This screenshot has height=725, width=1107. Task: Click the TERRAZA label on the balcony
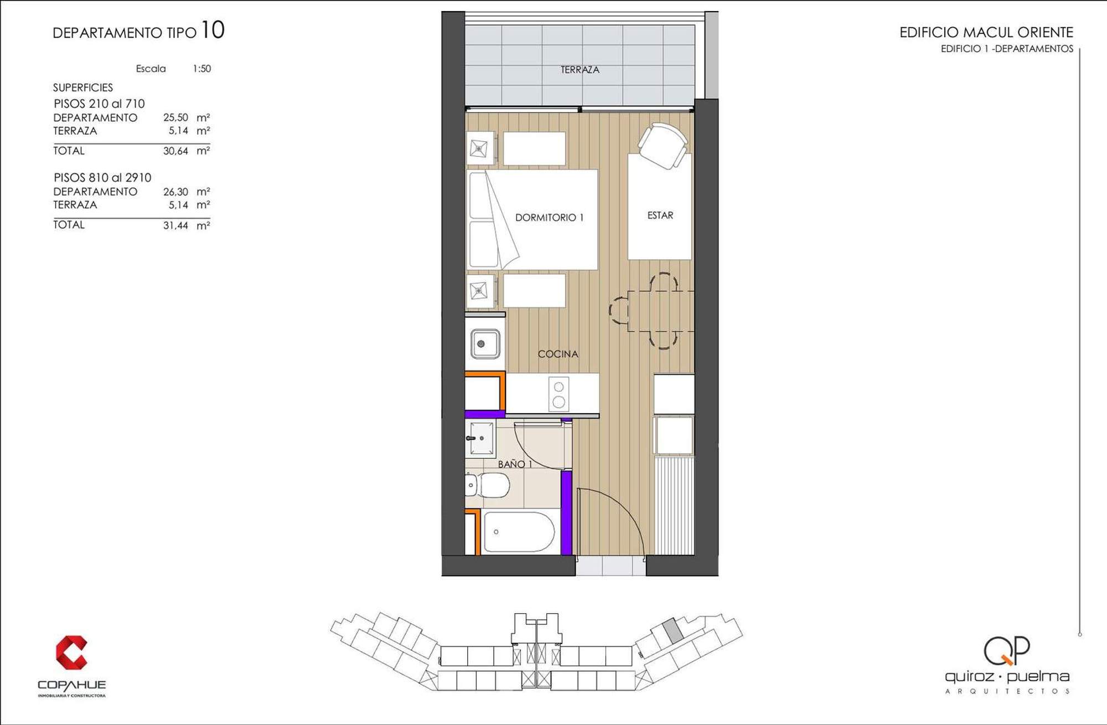point(580,70)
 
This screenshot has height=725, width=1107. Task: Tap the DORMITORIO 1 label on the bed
point(549,218)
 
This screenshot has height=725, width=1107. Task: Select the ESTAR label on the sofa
point(660,215)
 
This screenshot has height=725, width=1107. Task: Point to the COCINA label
point(558,354)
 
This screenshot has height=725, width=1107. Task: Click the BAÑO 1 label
point(515,464)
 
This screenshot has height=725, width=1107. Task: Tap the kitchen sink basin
point(485,344)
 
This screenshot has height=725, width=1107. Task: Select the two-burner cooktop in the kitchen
point(558,394)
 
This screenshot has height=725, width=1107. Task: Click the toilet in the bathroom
point(488,485)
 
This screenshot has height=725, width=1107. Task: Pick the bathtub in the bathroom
point(519,532)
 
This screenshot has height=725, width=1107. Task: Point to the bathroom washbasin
point(480,438)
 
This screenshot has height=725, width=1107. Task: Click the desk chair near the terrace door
point(664,145)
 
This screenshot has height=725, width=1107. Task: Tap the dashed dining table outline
point(661,311)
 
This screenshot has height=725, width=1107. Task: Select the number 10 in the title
point(213,30)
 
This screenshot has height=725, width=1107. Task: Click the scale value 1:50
point(201,69)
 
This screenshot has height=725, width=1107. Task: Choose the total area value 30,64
point(175,151)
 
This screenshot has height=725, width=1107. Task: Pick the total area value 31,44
point(175,225)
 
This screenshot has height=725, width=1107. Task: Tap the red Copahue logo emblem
point(71,652)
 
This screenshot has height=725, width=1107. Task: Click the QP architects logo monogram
point(1007,650)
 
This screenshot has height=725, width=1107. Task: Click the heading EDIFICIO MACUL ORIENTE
point(986,32)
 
